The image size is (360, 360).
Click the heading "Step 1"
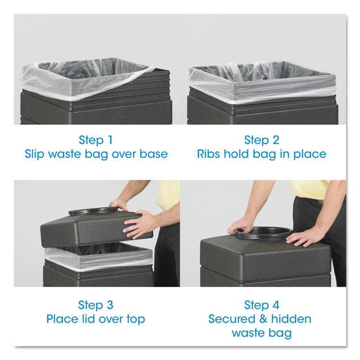(x=96, y=140)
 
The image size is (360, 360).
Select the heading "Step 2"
(x=262, y=140)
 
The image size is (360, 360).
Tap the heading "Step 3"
(x=96, y=305)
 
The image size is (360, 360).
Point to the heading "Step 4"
(x=262, y=305)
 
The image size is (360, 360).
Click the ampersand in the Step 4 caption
(x=262, y=319)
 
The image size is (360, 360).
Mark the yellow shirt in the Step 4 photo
(x=312, y=189)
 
